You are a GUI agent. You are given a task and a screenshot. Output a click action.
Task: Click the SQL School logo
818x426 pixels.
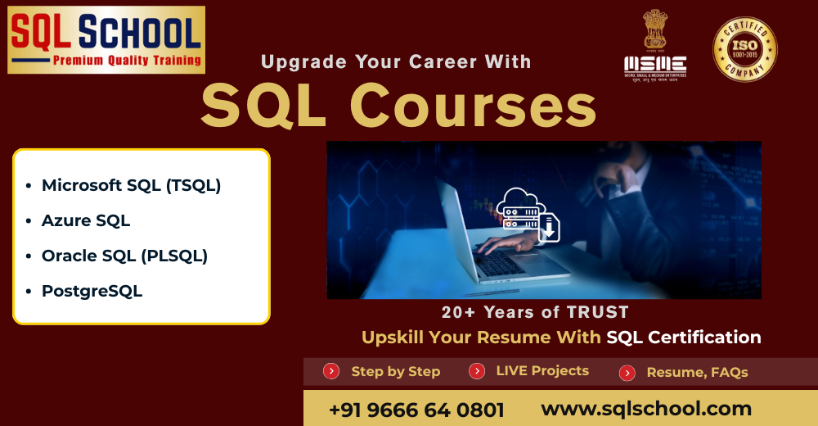tap(106, 39)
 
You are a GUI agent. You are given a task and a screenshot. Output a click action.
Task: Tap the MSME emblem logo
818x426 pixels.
tap(655, 46)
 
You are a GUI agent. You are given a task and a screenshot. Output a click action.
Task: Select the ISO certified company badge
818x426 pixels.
tap(744, 49)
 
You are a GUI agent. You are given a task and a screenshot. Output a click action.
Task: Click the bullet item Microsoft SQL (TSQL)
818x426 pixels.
tap(131, 185)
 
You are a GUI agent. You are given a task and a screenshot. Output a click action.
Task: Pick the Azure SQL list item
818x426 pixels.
tap(86, 220)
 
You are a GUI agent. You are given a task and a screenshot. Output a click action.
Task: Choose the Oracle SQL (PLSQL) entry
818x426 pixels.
tap(124, 256)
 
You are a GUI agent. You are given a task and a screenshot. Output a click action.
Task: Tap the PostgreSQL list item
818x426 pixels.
tap(92, 291)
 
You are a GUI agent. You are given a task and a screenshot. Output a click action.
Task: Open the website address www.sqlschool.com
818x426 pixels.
tap(646, 408)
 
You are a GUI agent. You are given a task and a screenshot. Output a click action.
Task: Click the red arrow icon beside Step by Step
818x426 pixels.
tap(331, 371)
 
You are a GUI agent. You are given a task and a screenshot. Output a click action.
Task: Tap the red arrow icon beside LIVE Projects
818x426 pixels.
tap(477, 371)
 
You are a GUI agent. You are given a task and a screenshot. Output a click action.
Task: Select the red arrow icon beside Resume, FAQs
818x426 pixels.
tap(627, 373)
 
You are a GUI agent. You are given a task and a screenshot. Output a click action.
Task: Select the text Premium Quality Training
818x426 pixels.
tap(127, 60)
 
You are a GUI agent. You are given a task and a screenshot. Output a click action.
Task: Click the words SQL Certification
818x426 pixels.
tap(684, 337)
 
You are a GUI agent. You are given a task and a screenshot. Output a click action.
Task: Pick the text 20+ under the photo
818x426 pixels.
tap(459, 312)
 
